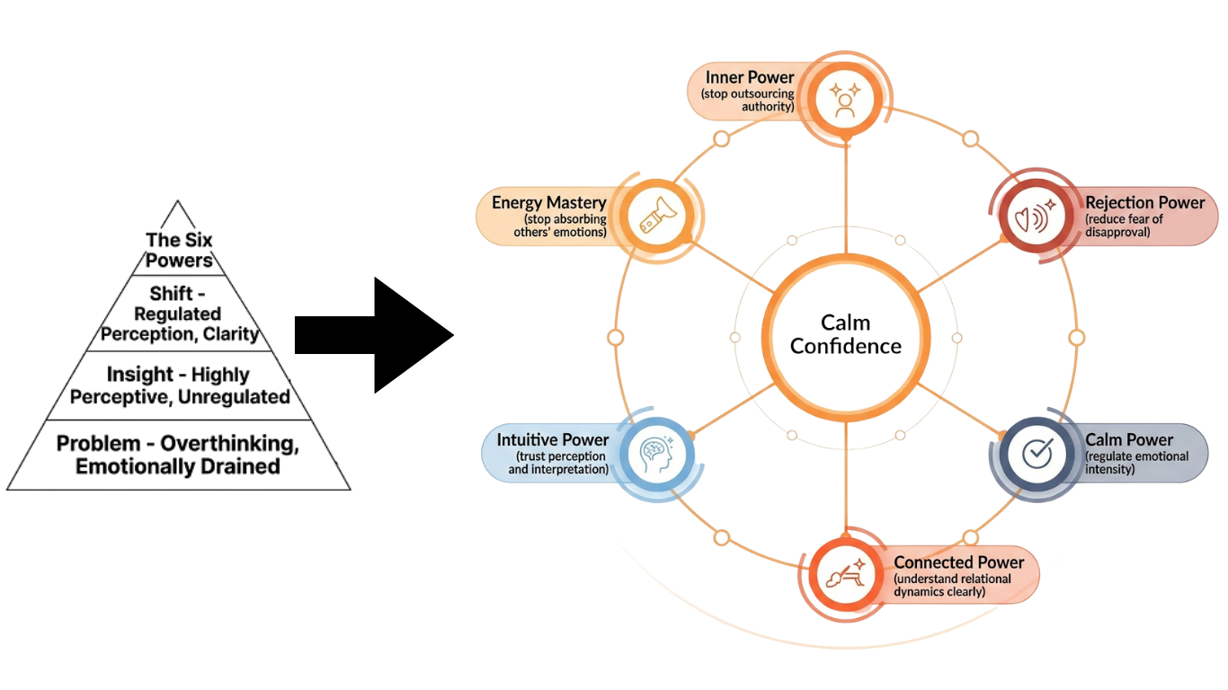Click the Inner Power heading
pyautogui.click(x=750, y=78)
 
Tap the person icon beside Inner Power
pyautogui.click(x=844, y=101)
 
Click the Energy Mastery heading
pyautogui.click(x=548, y=203)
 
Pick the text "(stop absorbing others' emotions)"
pyautogui.click(x=565, y=226)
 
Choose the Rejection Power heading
pyautogui.click(x=1144, y=203)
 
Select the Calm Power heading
pyautogui.click(x=1129, y=440)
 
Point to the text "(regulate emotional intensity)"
pyautogui.click(x=1136, y=463)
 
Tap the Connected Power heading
pyautogui.click(x=958, y=562)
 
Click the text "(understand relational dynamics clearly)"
pyautogui.click(x=952, y=585)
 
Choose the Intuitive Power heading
pyautogui.click(x=553, y=440)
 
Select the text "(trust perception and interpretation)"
pyautogui.click(x=558, y=463)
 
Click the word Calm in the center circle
pyautogui.click(x=845, y=323)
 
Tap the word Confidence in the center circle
pyautogui.click(x=845, y=346)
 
